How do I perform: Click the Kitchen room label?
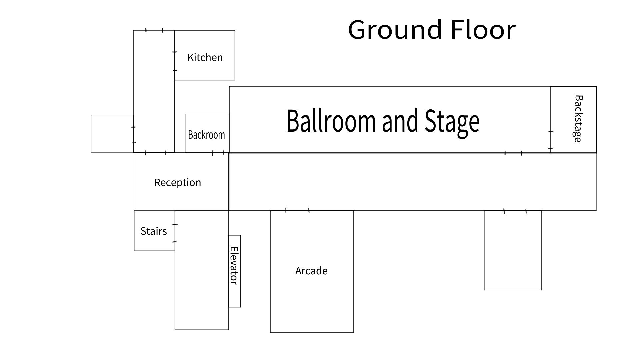205,57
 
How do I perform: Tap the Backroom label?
206,135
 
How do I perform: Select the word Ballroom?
331,121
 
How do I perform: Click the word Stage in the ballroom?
452,122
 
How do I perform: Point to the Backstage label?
579,119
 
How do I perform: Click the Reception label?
178,182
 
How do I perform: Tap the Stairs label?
154,231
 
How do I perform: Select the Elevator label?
234,266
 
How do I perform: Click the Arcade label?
311,271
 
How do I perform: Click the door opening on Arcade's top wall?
297,210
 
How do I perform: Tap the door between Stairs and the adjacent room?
175,233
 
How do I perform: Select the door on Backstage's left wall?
550,140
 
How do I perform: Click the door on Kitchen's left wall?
175,61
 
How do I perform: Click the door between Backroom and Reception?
218,153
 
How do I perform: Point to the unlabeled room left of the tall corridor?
112,134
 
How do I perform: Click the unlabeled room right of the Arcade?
513,250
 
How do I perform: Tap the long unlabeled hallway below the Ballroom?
413,182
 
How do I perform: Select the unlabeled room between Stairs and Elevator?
202,270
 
